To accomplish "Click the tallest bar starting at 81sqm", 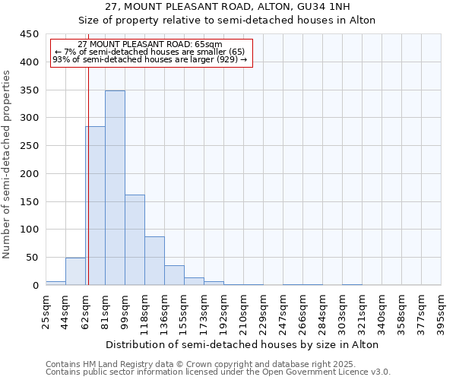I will click(x=115, y=188).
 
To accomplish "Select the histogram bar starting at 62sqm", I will click(x=95, y=205).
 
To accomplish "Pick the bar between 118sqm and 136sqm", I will click(x=154, y=261).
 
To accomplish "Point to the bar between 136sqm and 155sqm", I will click(x=174, y=275).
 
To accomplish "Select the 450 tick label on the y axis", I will click(x=30, y=34).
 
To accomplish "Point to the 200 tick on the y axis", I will click(x=30, y=174).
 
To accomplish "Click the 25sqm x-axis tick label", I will click(x=46, y=310).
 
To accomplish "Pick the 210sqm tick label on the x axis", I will click(x=244, y=310).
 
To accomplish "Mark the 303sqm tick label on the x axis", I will click(x=343, y=310).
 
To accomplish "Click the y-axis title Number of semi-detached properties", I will click(x=8, y=163).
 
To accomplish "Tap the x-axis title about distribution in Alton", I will click(x=243, y=344).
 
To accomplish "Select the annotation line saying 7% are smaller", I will click(x=150, y=52).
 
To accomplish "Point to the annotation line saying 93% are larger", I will click(x=150, y=59).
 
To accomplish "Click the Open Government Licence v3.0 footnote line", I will click(x=218, y=372).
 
